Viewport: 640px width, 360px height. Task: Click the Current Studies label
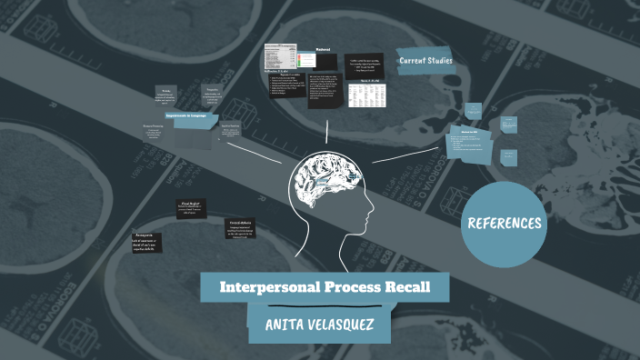pyautogui.click(x=425, y=61)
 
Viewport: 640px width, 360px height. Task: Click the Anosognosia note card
pyautogui.click(x=146, y=241)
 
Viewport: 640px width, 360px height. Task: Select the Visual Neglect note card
pyautogui.click(x=191, y=209)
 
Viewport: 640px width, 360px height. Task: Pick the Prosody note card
pyautogui.click(x=165, y=95)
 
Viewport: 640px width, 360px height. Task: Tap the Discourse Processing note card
pyautogui.click(x=154, y=131)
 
